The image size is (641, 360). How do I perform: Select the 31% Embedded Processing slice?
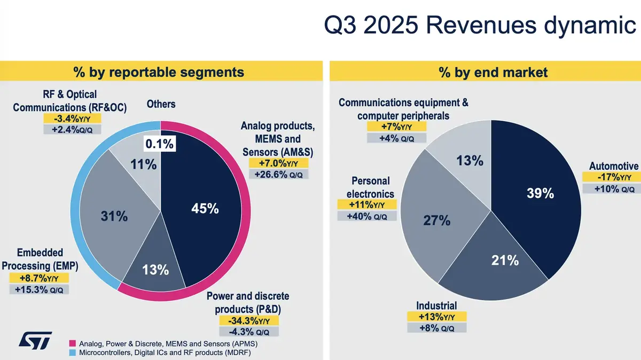pyautogui.click(x=115, y=216)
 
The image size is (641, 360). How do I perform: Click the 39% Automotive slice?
pyautogui.click(x=540, y=195)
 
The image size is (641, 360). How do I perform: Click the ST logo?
pyautogui.click(x=35, y=341)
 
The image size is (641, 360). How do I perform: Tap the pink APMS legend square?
pyautogui.click(x=73, y=342)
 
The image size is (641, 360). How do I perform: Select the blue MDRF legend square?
pyautogui.click(x=73, y=353)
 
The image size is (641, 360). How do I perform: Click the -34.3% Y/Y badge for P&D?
pyautogui.click(x=249, y=320)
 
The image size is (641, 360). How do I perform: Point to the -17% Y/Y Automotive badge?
pyautogui.click(x=610, y=177)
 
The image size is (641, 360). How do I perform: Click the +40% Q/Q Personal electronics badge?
pyautogui.click(x=366, y=216)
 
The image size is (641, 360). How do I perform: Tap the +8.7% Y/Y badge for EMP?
pyautogui.click(x=39, y=278)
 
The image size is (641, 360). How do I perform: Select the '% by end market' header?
pyautogui.click(x=485, y=72)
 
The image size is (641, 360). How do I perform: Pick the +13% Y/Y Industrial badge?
pyautogui.click(x=436, y=317)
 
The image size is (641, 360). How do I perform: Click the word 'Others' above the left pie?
pyautogui.click(x=161, y=104)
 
